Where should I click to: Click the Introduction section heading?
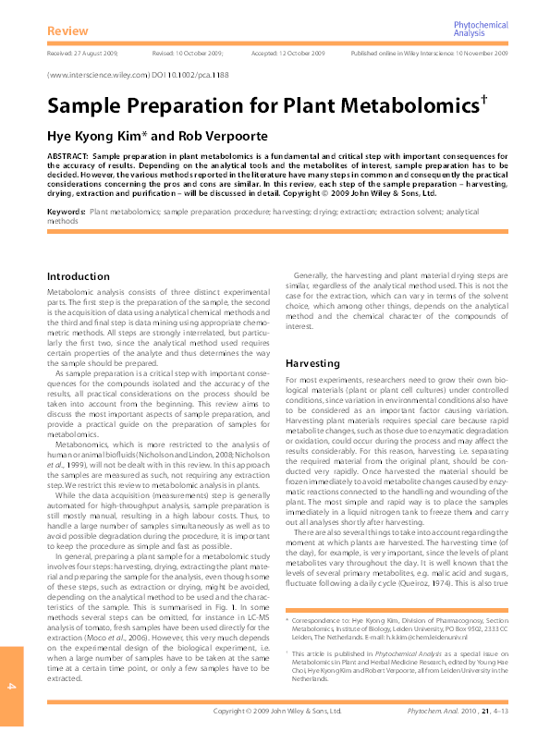78,276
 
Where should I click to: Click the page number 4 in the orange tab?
12,686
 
